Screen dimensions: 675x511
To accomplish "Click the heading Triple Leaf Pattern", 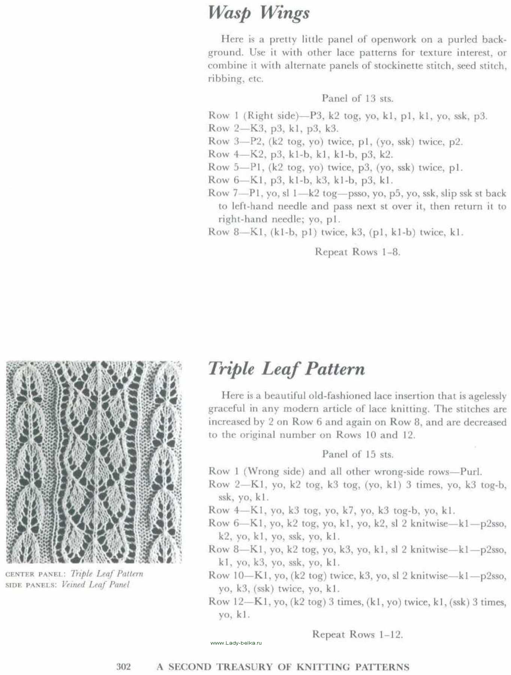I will (x=286, y=369).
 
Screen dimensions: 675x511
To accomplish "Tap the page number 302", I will (x=123, y=666).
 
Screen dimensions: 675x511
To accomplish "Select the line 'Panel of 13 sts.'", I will (x=357, y=99).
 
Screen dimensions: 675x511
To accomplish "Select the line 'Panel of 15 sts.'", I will (x=358, y=454).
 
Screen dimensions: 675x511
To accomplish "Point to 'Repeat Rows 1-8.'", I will (x=357, y=252).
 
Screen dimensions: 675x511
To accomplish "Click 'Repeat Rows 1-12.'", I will (x=357, y=634).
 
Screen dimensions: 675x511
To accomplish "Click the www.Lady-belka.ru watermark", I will (x=236, y=643).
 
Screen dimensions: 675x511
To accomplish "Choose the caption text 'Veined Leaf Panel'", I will (x=95, y=585).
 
